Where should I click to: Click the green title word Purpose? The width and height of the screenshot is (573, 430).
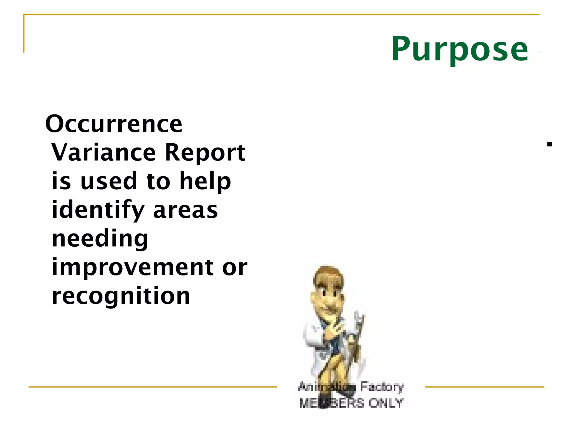[x=460, y=49]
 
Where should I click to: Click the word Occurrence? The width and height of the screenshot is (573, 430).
[x=114, y=124]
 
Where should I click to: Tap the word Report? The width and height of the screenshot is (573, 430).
[x=205, y=153]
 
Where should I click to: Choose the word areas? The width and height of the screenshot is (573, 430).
[x=185, y=211]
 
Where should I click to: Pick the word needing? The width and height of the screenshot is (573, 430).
[x=100, y=239]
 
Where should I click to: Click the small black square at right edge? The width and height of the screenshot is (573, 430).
[x=549, y=144]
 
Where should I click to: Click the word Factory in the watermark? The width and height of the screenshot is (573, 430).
[x=382, y=387]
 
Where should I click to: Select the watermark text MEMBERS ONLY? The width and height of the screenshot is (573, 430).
[x=351, y=403]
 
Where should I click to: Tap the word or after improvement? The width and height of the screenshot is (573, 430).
[x=235, y=268]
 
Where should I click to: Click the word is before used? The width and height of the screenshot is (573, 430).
[x=61, y=181]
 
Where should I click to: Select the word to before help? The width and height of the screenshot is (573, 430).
[x=158, y=181]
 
